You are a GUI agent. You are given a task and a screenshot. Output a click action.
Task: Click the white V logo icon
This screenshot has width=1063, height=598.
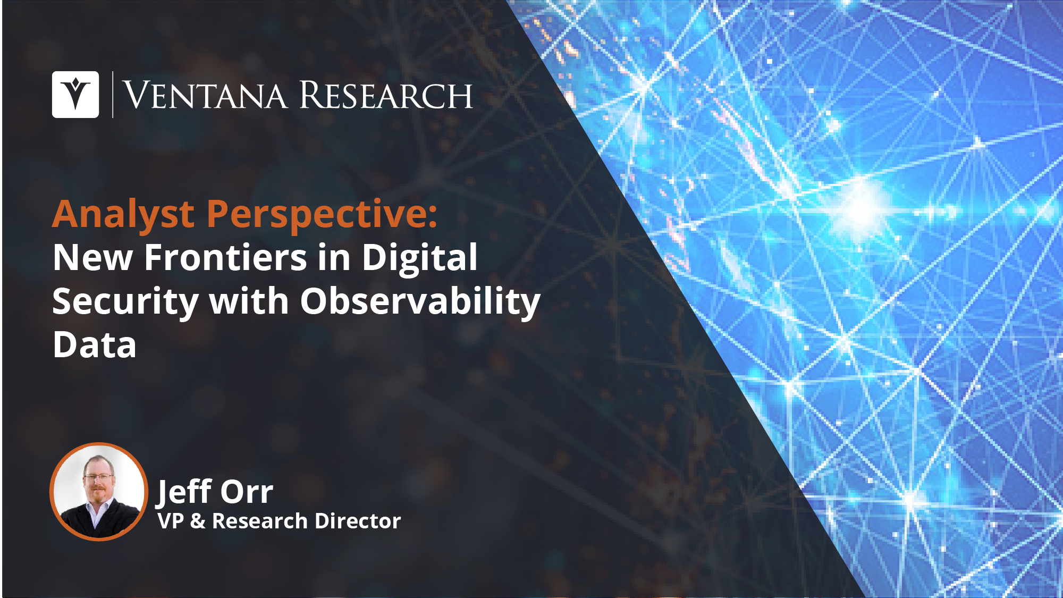75,95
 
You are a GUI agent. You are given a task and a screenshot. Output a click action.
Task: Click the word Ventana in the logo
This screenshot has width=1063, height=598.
205,96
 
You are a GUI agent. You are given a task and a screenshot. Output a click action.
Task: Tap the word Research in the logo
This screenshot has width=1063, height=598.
386,95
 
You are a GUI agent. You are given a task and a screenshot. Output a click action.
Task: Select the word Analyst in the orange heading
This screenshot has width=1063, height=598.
123,215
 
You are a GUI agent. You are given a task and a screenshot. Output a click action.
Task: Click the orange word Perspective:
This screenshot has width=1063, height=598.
322,215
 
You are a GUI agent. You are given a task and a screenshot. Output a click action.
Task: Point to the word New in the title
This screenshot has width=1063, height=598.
92,258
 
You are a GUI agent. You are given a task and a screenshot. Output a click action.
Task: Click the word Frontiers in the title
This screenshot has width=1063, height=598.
226,257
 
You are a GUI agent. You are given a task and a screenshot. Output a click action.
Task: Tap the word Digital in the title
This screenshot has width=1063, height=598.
419,258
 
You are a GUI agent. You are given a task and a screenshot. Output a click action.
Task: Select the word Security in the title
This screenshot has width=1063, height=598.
125,302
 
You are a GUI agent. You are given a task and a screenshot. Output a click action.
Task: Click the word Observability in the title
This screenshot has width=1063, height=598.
420,302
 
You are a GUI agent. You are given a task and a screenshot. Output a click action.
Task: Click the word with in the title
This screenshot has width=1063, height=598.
249,301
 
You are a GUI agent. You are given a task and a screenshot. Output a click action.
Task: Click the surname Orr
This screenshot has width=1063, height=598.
247,492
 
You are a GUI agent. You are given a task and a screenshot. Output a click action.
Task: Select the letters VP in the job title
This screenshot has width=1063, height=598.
171,521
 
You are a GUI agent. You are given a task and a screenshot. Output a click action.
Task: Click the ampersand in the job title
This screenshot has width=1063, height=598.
198,521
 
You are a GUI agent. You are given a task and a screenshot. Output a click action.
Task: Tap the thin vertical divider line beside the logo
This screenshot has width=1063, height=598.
113,95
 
